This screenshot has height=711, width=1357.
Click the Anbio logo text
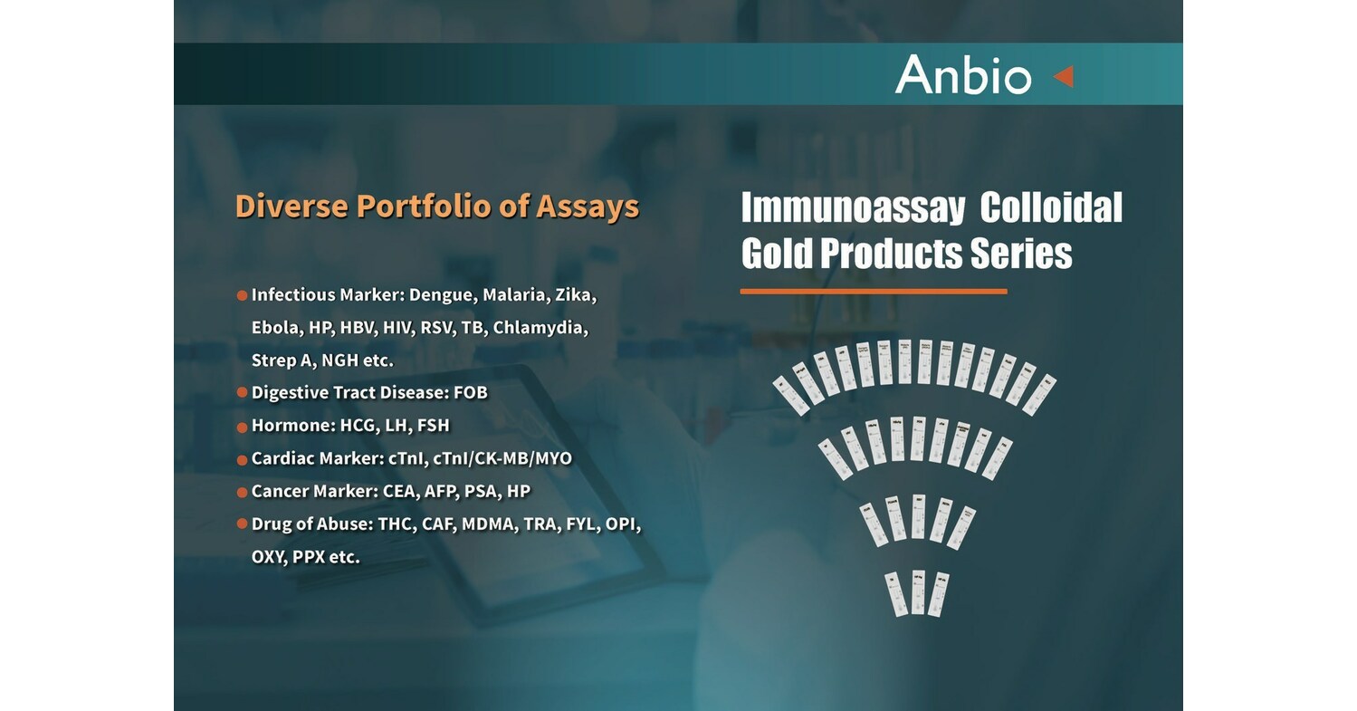click(x=962, y=74)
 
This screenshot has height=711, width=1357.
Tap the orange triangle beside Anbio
click(x=1064, y=76)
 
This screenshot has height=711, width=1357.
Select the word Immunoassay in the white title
click(x=852, y=209)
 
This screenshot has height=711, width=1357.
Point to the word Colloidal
click(x=1051, y=209)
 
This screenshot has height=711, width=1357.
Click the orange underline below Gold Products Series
click(x=873, y=292)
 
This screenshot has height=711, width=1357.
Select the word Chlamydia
click(x=540, y=328)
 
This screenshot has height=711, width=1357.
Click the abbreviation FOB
click(x=471, y=393)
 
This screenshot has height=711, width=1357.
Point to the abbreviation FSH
click(x=433, y=426)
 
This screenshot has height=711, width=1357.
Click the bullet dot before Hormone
click(x=242, y=427)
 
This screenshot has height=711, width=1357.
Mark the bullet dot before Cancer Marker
click(x=242, y=492)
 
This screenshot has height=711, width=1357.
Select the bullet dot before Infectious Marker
click(x=242, y=296)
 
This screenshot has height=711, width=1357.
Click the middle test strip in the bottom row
click(x=917, y=593)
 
